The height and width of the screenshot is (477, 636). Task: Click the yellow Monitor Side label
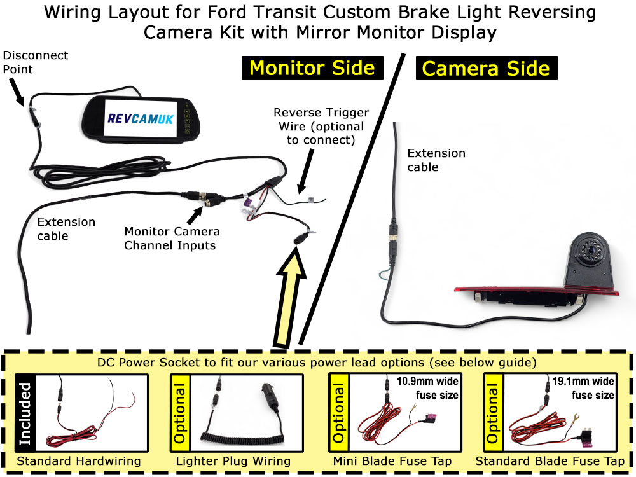[312, 68]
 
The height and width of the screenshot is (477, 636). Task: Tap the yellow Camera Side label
[487, 68]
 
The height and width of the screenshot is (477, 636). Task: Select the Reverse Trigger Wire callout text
[321, 125]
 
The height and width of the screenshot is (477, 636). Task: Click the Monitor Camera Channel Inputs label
[172, 238]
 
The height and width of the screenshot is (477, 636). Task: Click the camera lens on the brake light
[591, 251]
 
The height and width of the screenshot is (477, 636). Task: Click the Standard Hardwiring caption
[79, 461]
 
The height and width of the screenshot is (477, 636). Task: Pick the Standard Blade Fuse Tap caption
[550, 461]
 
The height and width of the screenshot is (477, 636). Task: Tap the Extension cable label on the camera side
[436, 160]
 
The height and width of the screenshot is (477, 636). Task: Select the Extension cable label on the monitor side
[66, 228]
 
